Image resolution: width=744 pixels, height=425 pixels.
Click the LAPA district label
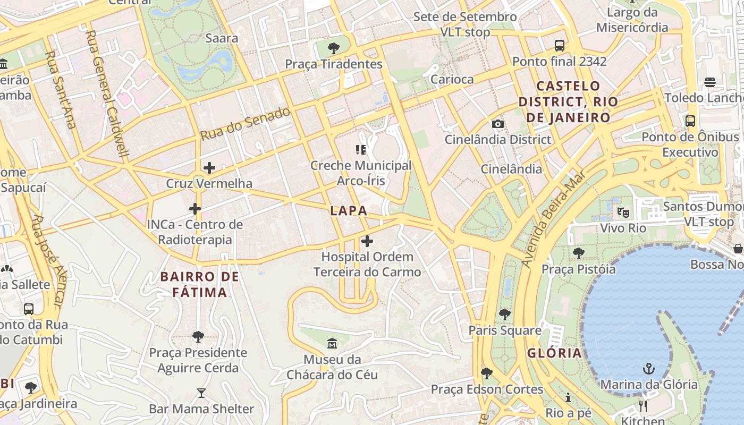pos(349,211)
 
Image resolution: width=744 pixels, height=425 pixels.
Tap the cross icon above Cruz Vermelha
pos(209,168)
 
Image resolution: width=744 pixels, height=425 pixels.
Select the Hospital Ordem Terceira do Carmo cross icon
pos(367,241)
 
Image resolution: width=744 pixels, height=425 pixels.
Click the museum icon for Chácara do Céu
pos(332,344)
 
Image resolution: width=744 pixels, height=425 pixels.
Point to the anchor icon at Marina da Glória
pos(648,368)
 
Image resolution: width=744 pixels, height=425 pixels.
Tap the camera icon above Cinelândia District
pos(497,124)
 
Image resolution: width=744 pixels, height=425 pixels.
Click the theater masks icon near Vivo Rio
pos(623,212)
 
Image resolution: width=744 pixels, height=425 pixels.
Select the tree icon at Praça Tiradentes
pos(333,48)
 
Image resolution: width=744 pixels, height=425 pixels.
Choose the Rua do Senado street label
pos(245,124)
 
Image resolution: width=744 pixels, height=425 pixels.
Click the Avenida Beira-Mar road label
pos(553,218)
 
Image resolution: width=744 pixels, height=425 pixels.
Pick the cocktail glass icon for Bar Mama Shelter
pos(201,393)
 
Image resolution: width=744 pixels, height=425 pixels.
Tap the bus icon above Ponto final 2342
pos(559,46)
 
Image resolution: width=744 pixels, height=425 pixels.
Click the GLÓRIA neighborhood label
pos(554,353)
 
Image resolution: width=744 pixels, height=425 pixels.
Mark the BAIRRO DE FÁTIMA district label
pos(200,284)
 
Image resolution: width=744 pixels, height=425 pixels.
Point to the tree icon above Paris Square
pos(504,314)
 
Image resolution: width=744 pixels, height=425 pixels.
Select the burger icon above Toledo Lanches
pos(709,82)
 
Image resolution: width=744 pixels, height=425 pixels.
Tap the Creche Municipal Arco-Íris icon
pos(361,150)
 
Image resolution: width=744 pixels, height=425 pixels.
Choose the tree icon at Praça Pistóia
pos(578,253)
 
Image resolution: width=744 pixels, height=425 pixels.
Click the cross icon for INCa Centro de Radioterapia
pos(195,209)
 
